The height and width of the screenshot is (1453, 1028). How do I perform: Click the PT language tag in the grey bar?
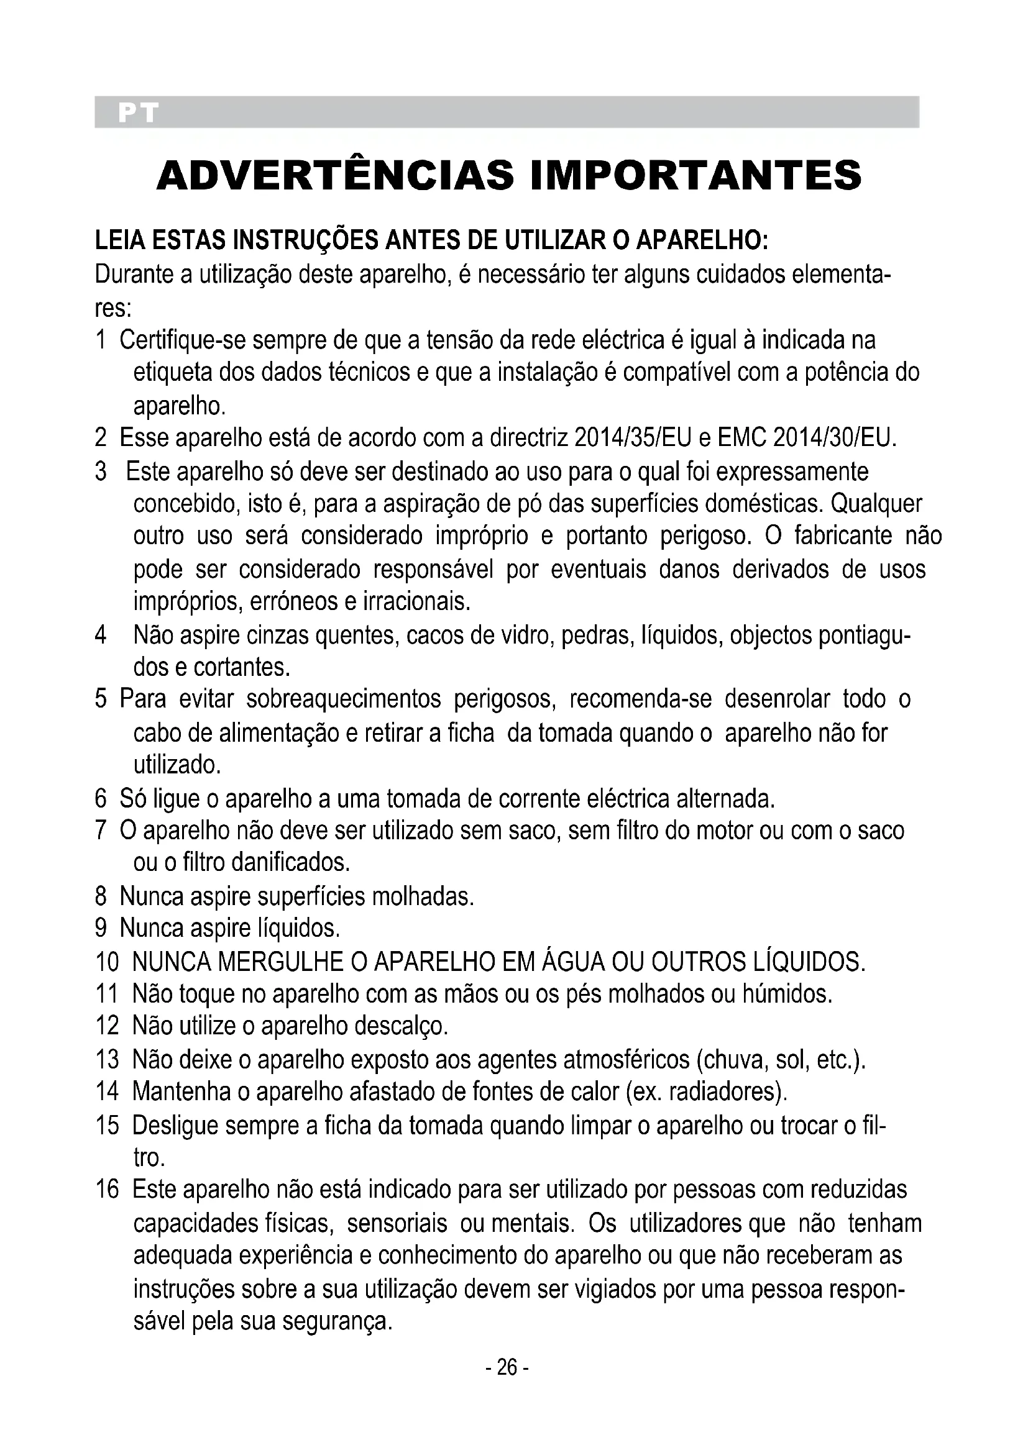[x=137, y=112]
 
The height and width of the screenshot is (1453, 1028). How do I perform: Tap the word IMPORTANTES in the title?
[x=695, y=175]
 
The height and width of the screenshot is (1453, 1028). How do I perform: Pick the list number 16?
[x=107, y=1189]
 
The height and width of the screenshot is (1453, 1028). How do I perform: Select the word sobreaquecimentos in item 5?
[x=343, y=699]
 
